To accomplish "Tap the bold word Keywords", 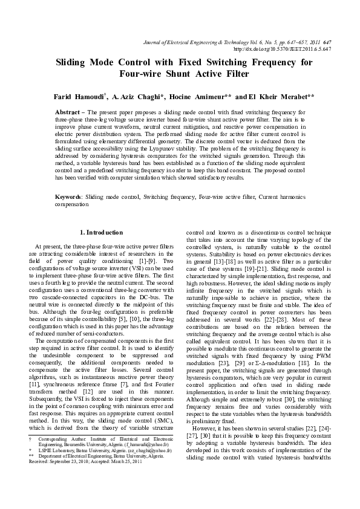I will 68,197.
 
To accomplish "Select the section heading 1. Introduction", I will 103,232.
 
